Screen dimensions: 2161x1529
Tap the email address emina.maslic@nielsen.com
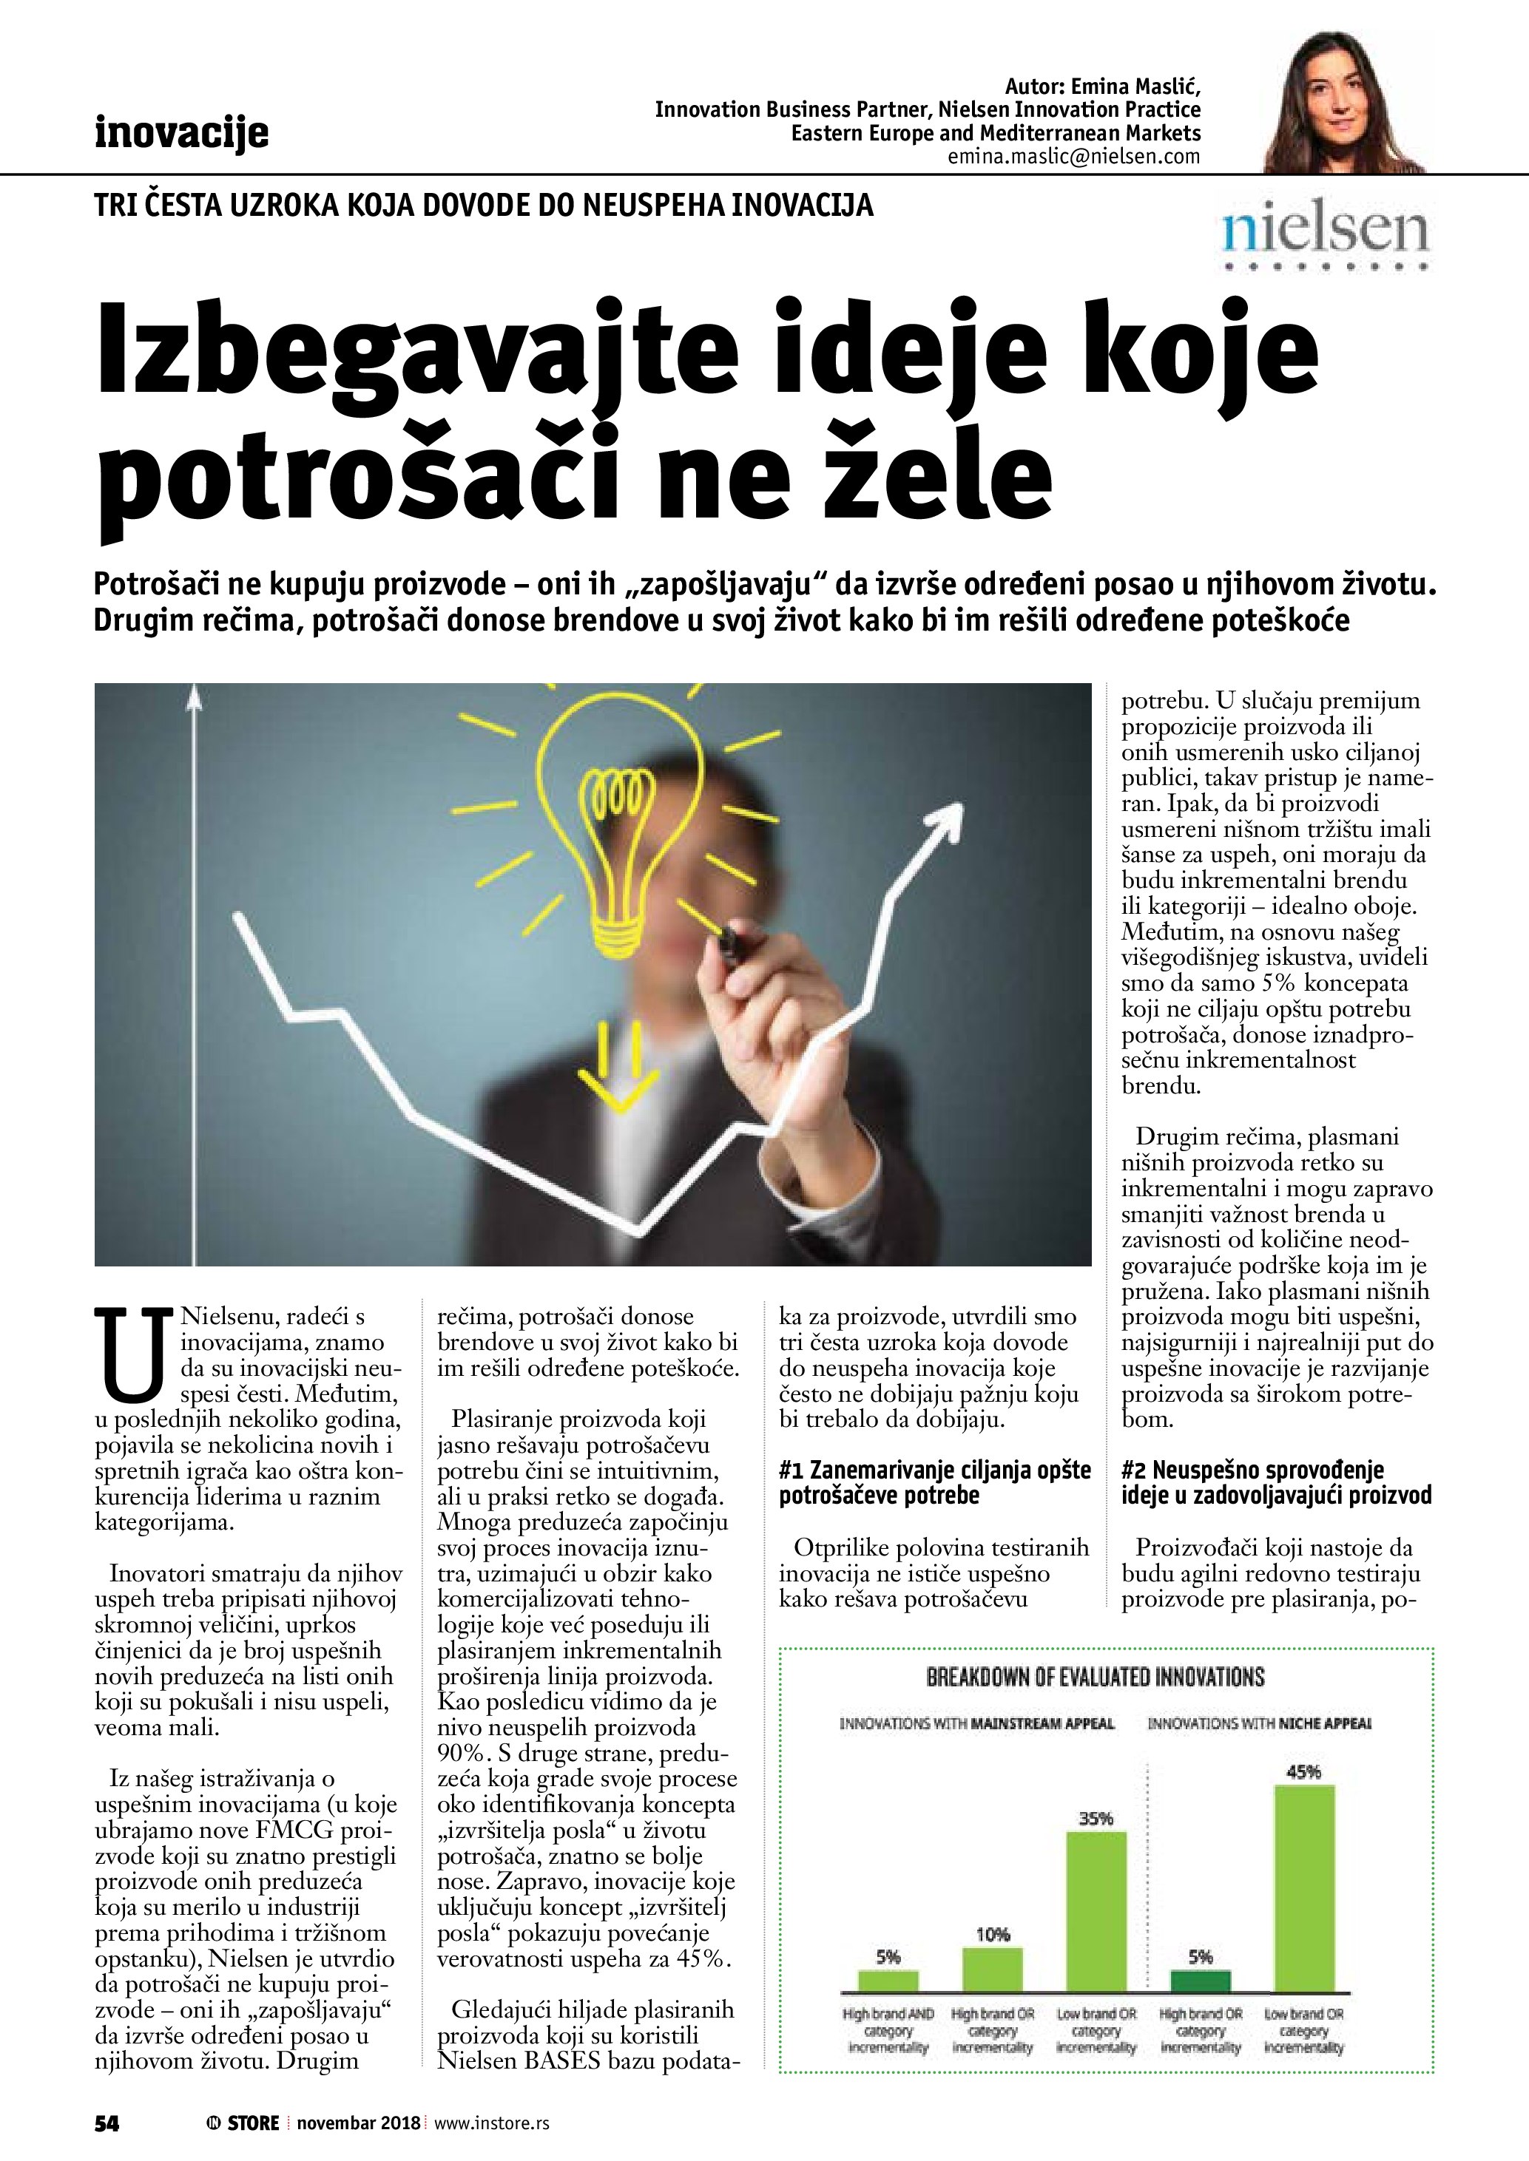tap(1074, 157)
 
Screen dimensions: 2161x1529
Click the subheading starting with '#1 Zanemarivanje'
tap(934, 1482)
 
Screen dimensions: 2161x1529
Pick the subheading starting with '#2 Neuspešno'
tap(1277, 1482)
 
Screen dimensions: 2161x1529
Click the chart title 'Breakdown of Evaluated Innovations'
tap(1095, 1676)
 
